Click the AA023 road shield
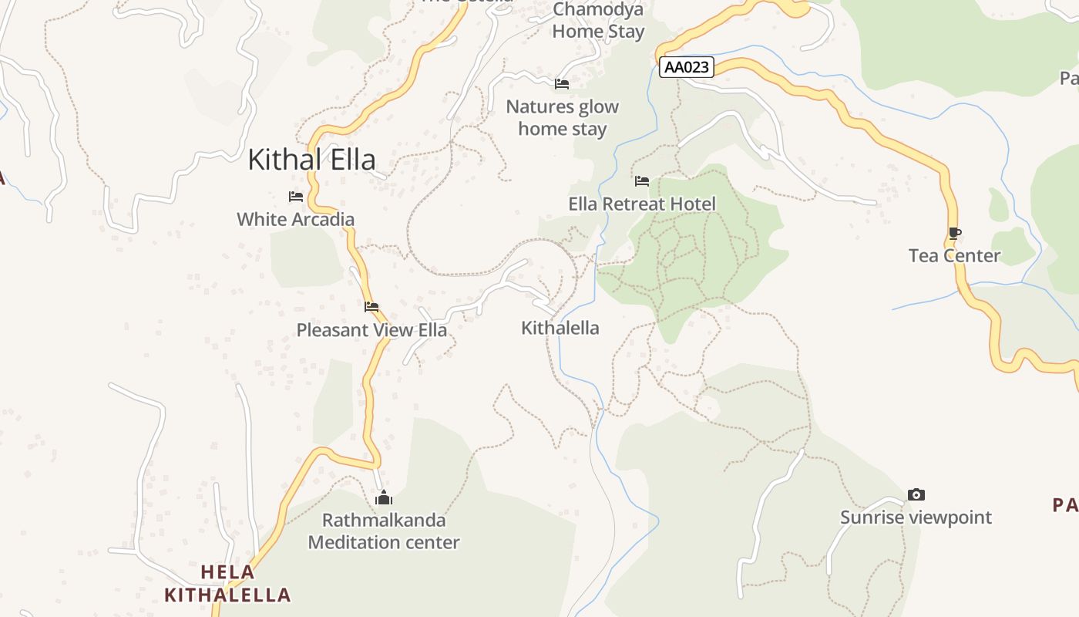pos(687,67)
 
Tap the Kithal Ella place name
pos(311,160)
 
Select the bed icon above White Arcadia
pos(296,197)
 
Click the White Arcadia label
pos(295,219)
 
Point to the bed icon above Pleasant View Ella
pos(371,307)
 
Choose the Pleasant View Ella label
pos(371,330)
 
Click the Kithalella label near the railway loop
pos(560,328)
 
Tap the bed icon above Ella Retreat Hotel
pos(642,181)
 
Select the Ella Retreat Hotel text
pos(642,204)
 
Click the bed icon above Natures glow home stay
pos(562,83)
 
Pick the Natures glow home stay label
pos(562,117)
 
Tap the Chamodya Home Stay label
pos(598,21)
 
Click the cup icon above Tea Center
pos(955,233)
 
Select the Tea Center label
pos(954,255)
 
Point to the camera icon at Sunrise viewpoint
pos(916,494)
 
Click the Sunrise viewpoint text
pos(916,517)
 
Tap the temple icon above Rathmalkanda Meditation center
pos(384,498)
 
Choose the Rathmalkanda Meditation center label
pos(384,531)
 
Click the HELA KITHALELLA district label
pos(227,584)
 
